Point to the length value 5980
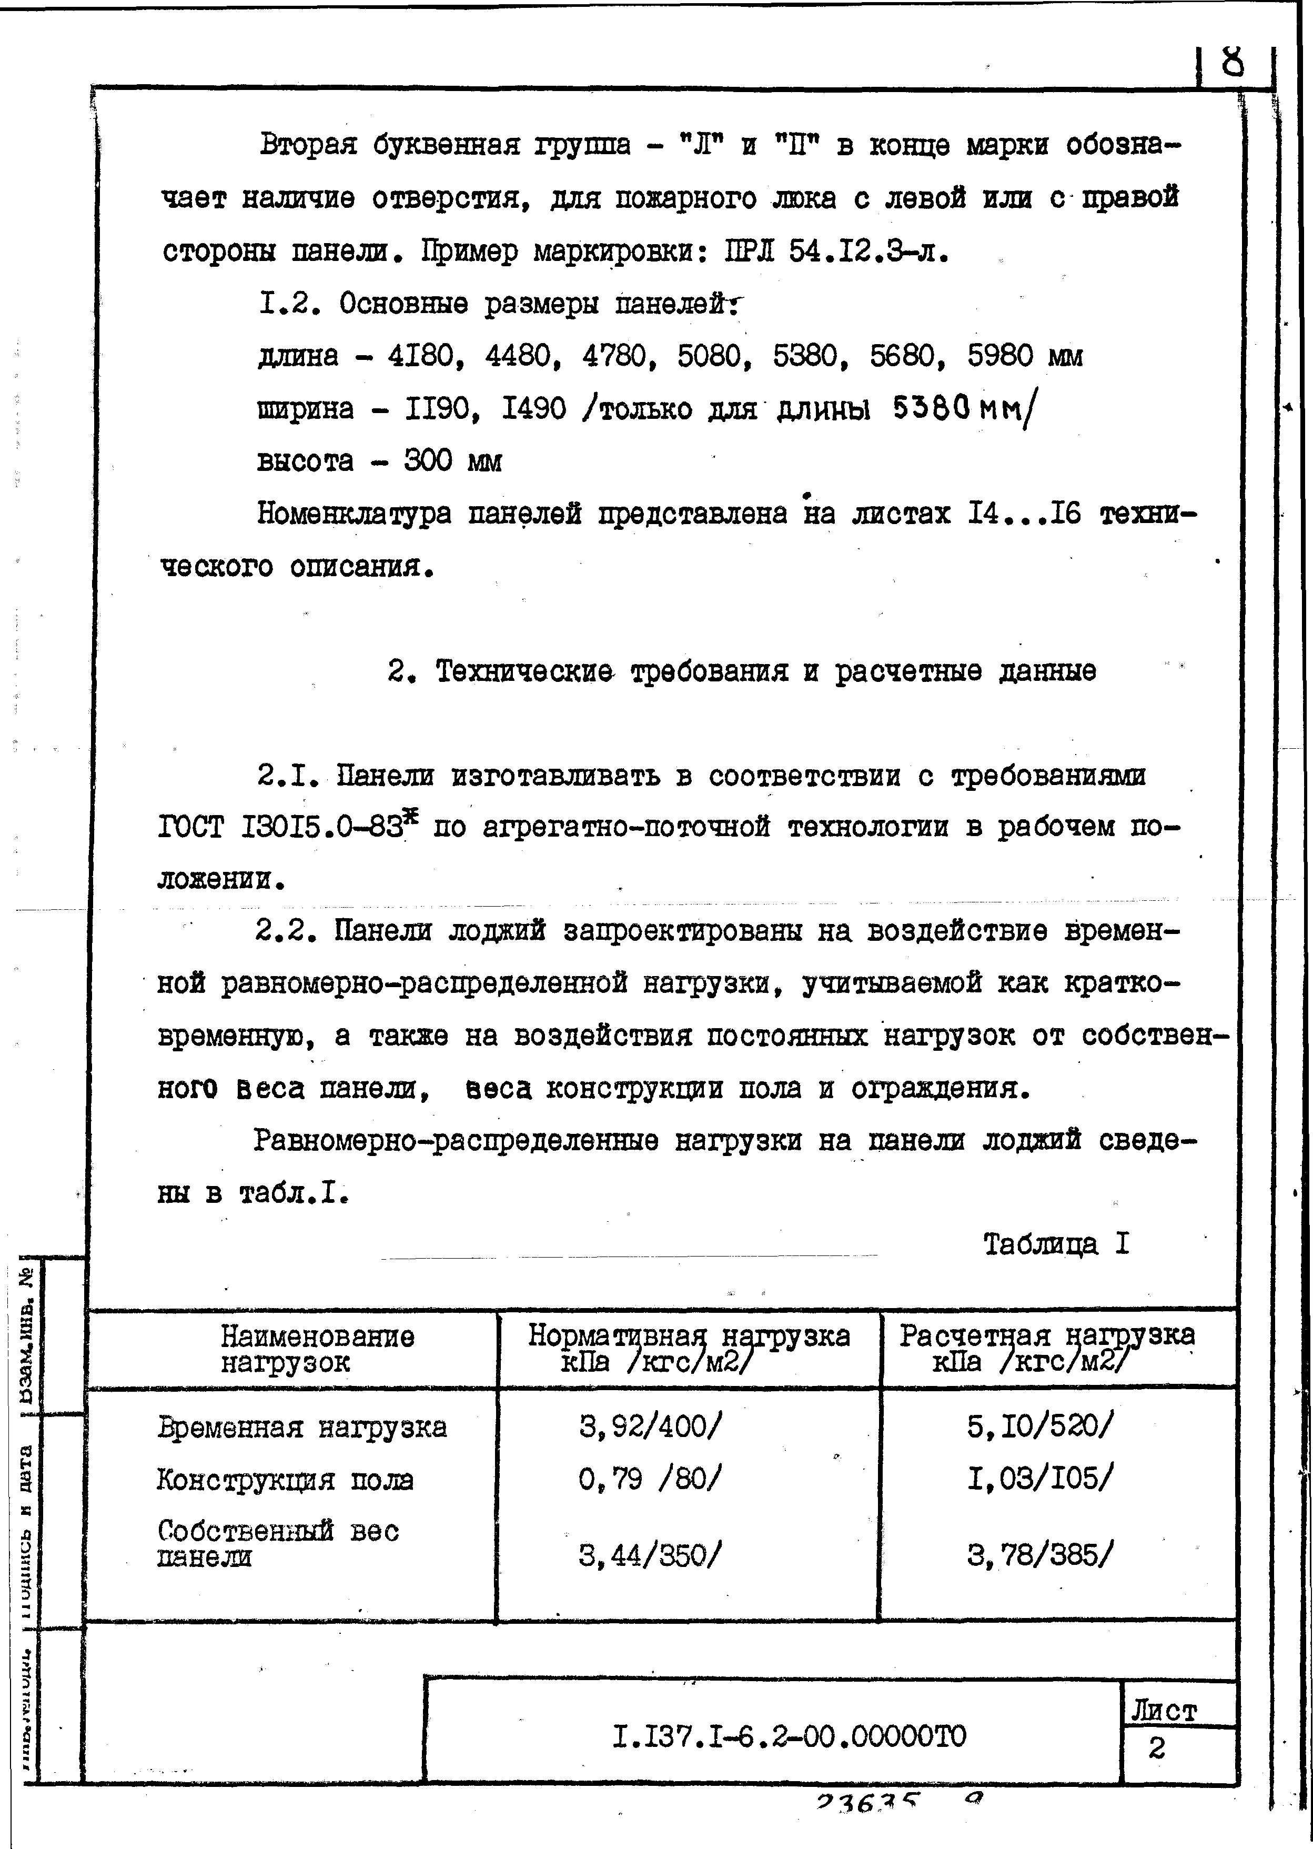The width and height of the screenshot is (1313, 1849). click(1000, 356)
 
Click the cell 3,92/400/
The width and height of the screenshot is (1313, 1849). click(649, 1428)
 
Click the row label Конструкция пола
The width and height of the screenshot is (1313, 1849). click(285, 1480)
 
